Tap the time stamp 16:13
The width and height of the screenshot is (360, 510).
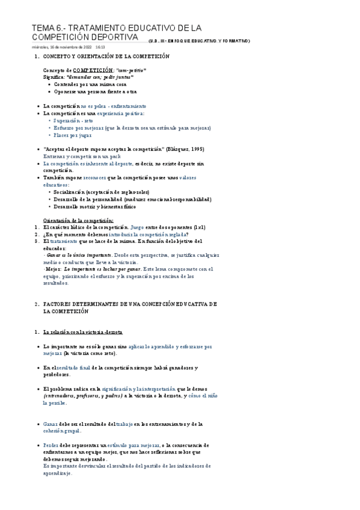pos(100,46)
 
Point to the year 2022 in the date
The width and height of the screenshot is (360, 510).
pos(84,46)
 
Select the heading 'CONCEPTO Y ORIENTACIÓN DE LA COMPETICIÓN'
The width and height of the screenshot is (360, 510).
pos(107,57)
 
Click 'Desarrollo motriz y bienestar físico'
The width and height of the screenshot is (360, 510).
pos(95,206)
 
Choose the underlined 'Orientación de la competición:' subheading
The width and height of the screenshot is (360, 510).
pos(79,220)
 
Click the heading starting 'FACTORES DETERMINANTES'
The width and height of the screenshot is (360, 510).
pos(130,305)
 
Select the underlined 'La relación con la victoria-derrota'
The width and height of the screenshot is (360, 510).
pos(83,332)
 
